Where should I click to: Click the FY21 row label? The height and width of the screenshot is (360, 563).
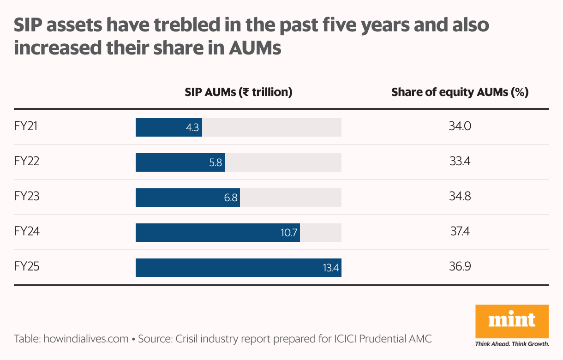tap(25, 126)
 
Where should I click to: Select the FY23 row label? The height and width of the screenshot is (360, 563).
tap(26, 197)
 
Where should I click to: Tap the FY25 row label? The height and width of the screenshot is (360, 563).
tap(26, 267)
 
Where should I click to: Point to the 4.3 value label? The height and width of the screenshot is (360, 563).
tap(192, 127)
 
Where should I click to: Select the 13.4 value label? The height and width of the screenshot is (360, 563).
tap(330, 268)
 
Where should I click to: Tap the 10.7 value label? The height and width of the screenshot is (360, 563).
tap(289, 233)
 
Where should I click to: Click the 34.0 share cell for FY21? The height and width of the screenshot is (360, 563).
tap(460, 126)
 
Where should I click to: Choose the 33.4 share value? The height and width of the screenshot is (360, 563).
tap(460, 162)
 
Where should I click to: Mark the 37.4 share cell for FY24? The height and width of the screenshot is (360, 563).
tap(460, 232)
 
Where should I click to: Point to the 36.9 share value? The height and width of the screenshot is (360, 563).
tap(460, 267)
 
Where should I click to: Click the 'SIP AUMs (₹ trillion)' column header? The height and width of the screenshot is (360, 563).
tap(239, 92)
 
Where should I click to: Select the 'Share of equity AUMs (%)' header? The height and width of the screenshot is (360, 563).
tap(460, 92)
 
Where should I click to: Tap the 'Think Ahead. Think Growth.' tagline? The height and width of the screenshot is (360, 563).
tap(512, 344)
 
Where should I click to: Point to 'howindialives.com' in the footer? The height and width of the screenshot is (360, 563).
tap(86, 339)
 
